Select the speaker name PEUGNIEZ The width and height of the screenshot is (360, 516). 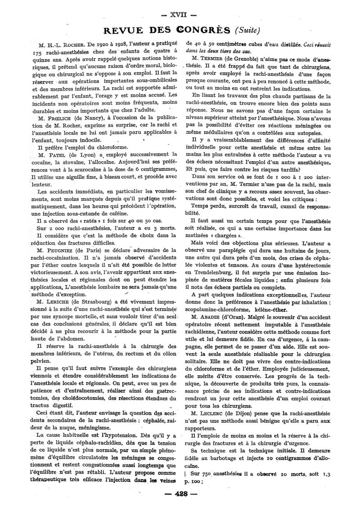coord(67,250)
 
